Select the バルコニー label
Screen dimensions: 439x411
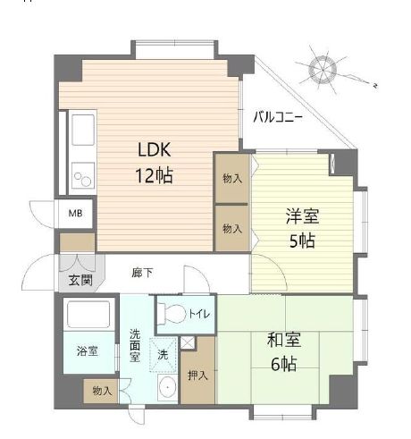(x=277, y=116)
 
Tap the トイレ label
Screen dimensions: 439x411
(x=197, y=315)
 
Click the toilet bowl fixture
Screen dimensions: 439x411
(x=173, y=314)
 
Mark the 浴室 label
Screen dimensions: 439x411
(x=87, y=351)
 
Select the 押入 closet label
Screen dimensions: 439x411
(x=198, y=373)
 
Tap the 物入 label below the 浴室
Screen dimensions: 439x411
(x=103, y=391)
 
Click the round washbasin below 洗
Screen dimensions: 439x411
(x=166, y=388)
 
